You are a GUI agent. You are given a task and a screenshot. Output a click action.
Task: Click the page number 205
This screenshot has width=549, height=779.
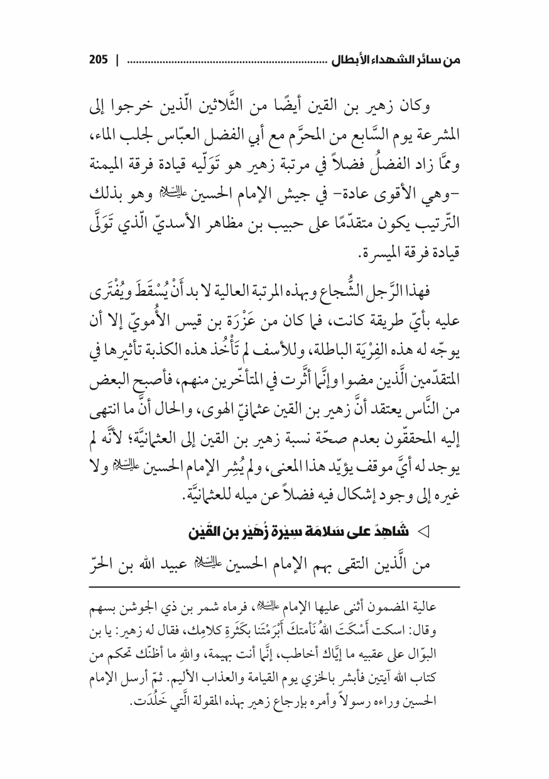[99, 61]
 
